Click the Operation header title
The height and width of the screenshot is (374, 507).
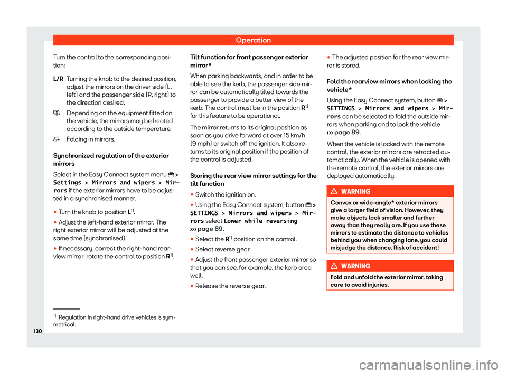[x=253, y=40]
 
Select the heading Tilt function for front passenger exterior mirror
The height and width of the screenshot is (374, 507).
[x=249, y=58]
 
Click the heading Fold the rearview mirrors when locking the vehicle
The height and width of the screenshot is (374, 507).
[x=389, y=86]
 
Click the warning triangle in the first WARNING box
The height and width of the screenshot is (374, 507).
[x=338, y=192]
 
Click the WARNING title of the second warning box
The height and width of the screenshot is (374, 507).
[x=359, y=266]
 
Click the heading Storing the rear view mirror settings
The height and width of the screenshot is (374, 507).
[x=253, y=179]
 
